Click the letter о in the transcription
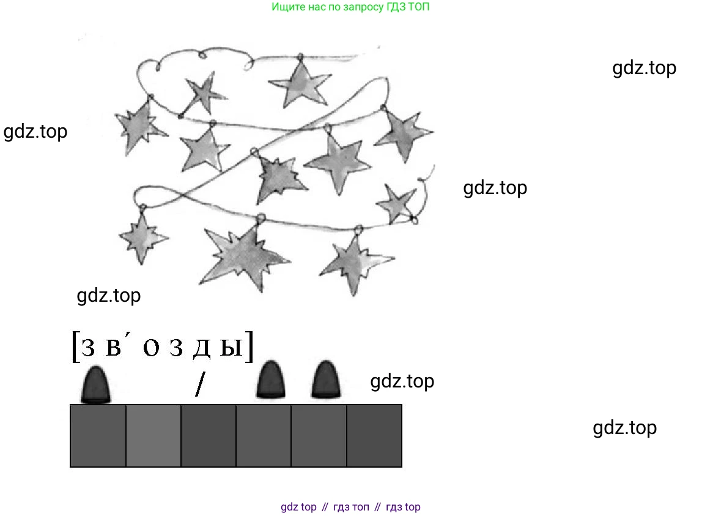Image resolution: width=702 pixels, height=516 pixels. (151, 348)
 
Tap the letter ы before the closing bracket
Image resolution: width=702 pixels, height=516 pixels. (231, 348)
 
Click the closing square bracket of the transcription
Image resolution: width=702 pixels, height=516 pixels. (249, 346)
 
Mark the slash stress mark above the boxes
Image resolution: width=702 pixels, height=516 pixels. (200, 384)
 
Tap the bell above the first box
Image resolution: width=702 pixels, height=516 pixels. (95, 384)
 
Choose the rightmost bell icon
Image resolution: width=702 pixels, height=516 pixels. (325, 380)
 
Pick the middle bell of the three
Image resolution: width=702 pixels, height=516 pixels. (270, 380)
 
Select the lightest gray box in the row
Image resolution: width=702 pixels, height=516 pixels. (153, 436)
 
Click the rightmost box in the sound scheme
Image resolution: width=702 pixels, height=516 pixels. (374, 436)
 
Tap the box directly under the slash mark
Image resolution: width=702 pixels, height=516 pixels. (209, 436)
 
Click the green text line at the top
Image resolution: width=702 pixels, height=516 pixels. (350, 7)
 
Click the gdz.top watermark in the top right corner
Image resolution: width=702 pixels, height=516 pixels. (645, 68)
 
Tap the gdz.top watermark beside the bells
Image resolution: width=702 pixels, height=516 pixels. (402, 381)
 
